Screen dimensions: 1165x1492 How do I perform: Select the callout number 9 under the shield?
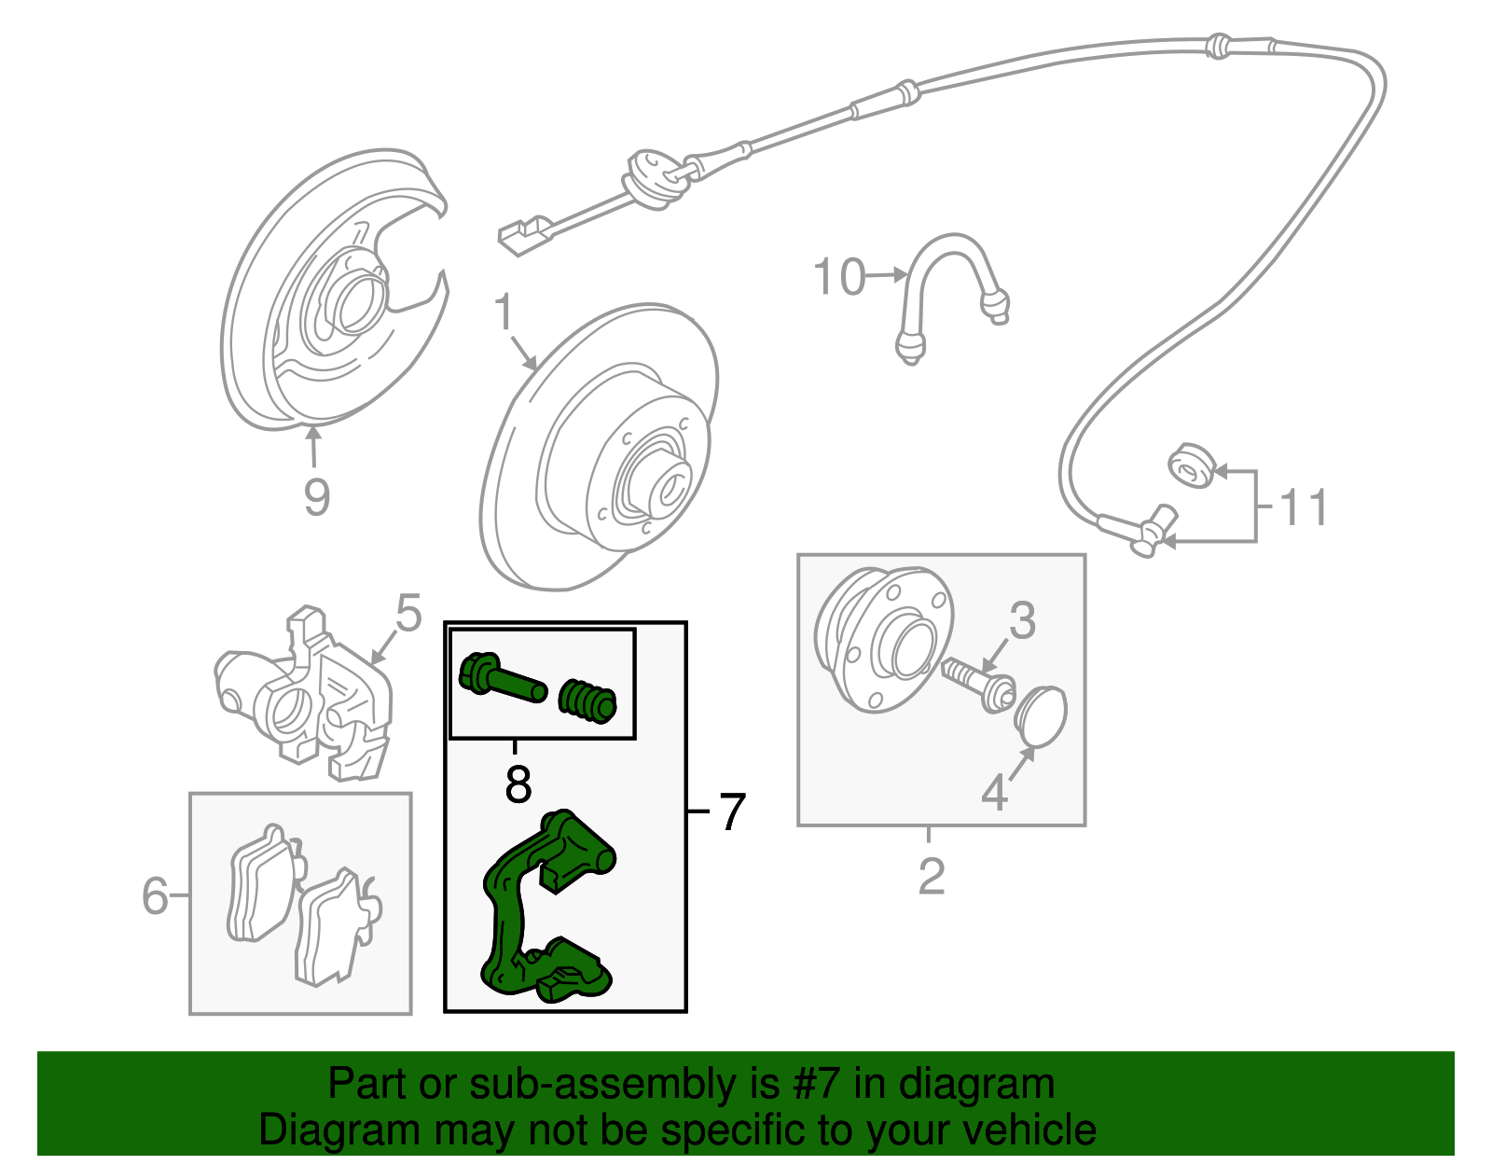pyautogui.click(x=316, y=496)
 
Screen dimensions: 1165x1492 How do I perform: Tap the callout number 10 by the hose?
pyautogui.click(x=838, y=277)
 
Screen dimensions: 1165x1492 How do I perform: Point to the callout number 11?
pyautogui.click(x=1303, y=508)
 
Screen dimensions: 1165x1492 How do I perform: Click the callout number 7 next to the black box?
pyautogui.click(x=732, y=811)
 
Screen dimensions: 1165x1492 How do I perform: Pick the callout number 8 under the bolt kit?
pyautogui.click(x=518, y=784)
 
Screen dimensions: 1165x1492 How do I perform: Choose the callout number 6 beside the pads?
pyautogui.click(x=155, y=896)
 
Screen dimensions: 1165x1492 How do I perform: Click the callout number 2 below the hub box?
pyautogui.click(x=931, y=877)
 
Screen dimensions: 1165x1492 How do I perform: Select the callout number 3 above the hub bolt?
pyautogui.click(x=1022, y=620)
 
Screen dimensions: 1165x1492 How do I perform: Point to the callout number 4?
pyautogui.click(x=994, y=793)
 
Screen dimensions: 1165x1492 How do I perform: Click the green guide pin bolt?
pyautogui.click(x=501, y=681)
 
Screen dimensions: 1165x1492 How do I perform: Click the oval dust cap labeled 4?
pyautogui.click(x=1040, y=716)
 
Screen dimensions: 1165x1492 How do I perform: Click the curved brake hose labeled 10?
pyautogui.click(x=946, y=280)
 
